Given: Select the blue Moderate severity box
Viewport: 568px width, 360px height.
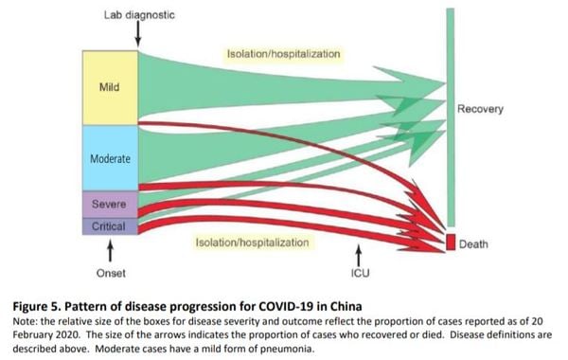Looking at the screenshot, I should (x=110, y=157).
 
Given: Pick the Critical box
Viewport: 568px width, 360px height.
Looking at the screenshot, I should (x=110, y=227).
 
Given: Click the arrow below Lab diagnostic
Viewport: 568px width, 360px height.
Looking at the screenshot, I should (x=138, y=34).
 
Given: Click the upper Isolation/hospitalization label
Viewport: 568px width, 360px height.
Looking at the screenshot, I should (x=283, y=54).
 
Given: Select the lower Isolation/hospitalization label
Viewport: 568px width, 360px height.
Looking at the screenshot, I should (x=252, y=243).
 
